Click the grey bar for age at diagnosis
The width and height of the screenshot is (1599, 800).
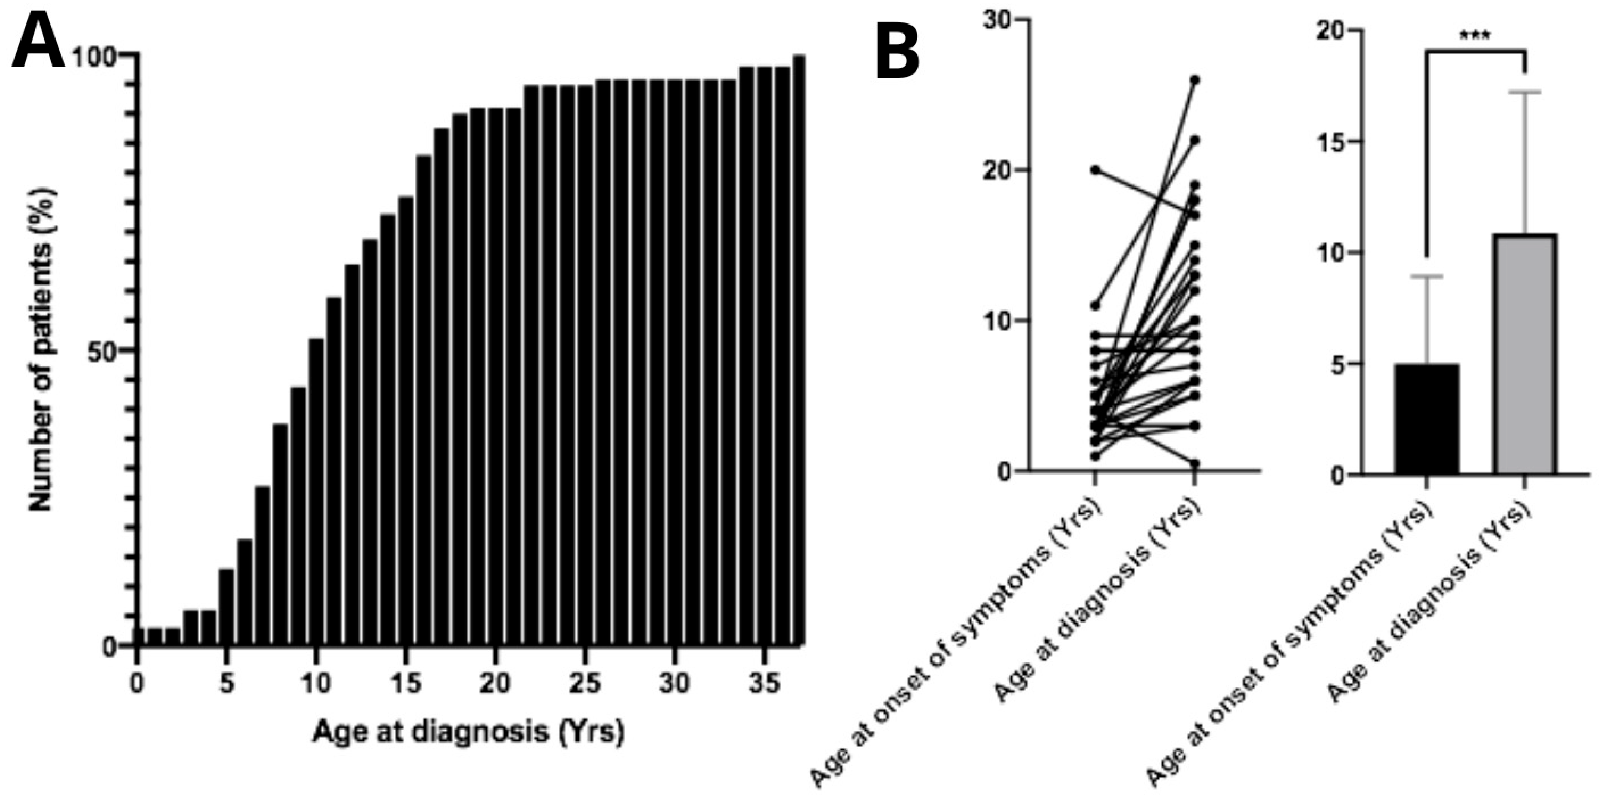click(x=1525, y=354)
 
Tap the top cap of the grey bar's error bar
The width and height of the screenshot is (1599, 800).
click(x=1525, y=92)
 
